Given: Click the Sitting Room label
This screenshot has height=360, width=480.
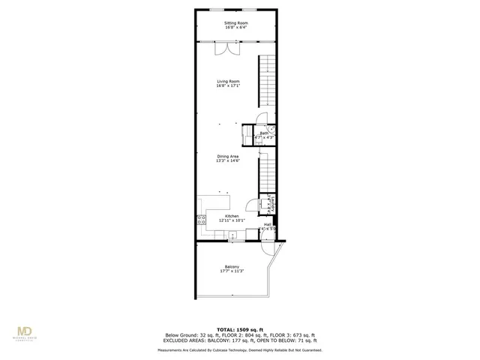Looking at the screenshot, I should pyautogui.click(x=235, y=23).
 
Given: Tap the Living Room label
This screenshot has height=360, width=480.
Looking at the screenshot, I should pyautogui.click(x=228, y=81).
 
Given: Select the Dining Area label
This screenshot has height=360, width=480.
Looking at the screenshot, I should pyautogui.click(x=228, y=156).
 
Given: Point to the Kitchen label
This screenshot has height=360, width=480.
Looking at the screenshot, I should pyautogui.click(x=232, y=216).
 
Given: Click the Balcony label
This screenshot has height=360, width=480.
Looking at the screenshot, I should pyautogui.click(x=232, y=266).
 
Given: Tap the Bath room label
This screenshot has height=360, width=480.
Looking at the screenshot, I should pyautogui.click(x=265, y=133).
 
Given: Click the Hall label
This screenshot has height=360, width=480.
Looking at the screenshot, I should pyautogui.click(x=267, y=223).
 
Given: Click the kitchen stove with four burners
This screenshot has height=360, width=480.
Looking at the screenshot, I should pyautogui.click(x=202, y=220).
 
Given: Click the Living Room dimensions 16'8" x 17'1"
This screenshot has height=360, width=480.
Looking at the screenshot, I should pyautogui.click(x=228, y=85).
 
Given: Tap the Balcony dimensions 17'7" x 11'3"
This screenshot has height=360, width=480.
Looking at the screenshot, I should pyautogui.click(x=232, y=271).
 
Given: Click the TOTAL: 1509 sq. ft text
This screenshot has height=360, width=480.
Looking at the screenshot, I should pyautogui.click(x=240, y=329).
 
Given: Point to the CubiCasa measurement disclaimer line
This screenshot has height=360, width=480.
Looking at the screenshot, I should pyautogui.click(x=240, y=350).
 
